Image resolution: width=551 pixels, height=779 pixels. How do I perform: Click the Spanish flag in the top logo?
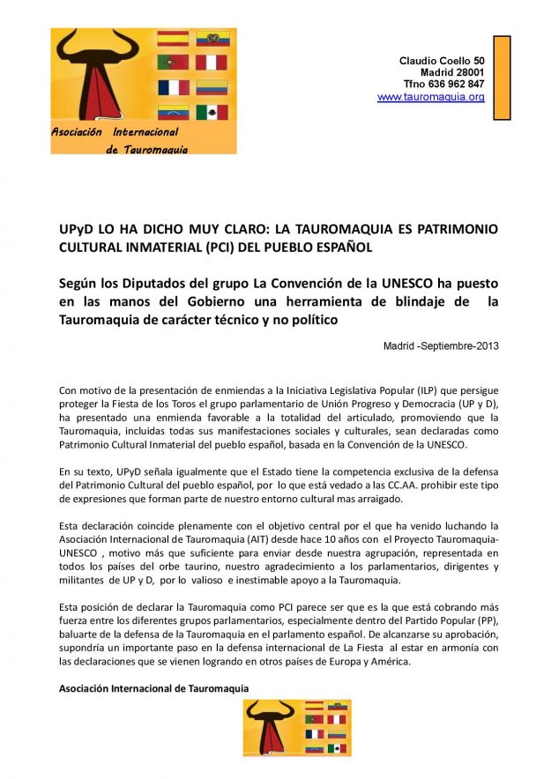(173, 39)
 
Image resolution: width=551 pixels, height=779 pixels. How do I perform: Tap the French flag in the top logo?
(173, 87)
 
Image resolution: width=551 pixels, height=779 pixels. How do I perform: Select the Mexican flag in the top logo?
(212, 112)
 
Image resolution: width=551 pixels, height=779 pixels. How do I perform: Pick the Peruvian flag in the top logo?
(212, 63)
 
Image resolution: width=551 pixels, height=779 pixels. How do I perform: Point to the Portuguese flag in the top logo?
(173, 63)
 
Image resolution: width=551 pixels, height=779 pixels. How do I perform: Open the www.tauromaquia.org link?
(431, 97)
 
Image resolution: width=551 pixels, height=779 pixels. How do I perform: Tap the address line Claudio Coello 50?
(442, 60)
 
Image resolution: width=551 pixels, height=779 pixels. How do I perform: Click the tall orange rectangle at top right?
(502, 78)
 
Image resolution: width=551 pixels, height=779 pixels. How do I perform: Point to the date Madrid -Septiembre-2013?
(441, 345)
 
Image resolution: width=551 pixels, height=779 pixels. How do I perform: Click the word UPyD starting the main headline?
(75, 229)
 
